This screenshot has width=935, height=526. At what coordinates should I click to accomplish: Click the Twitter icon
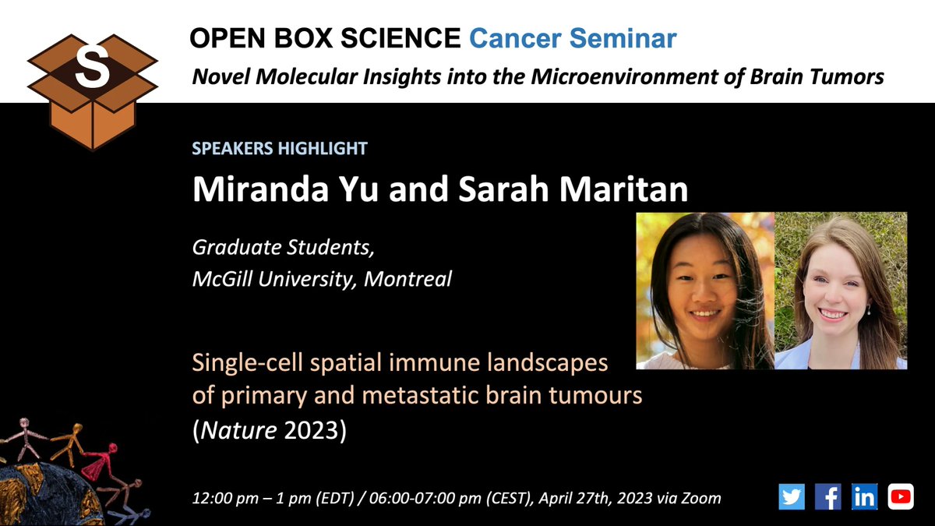click(791, 496)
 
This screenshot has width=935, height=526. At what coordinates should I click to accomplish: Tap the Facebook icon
click(827, 496)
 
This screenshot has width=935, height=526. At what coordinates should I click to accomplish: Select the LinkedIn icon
click(864, 496)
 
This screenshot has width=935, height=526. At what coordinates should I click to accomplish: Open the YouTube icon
click(901, 496)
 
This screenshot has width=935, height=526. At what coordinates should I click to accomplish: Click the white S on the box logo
click(92, 69)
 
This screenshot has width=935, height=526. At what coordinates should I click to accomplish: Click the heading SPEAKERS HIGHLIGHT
click(280, 147)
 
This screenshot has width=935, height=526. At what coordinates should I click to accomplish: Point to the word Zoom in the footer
click(700, 497)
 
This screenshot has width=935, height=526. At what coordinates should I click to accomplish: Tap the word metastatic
click(420, 396)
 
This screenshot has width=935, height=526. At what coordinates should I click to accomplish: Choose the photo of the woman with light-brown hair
click(841, 291)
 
